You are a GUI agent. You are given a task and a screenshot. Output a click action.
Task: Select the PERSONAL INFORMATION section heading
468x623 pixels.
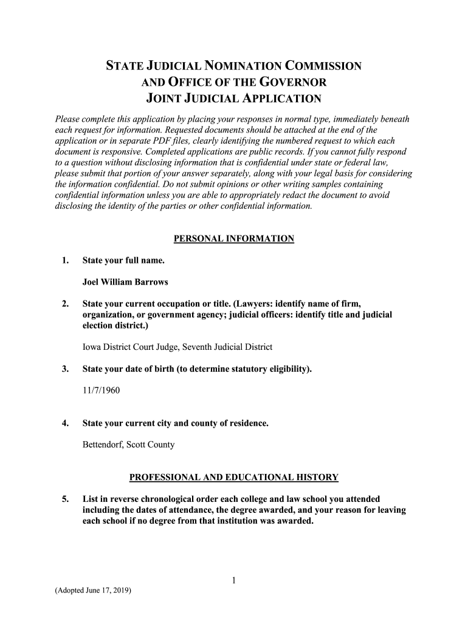pyautogui.click(x=234, y=239)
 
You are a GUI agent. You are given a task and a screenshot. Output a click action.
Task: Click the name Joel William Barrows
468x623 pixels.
pyautogui.click(x=125, y=282)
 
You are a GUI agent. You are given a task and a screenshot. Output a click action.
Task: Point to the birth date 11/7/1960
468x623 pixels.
pyautogui.click(x=101, y=390)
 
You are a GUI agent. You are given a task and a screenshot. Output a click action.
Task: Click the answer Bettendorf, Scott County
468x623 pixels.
pyautogui.click(x=128, y=444)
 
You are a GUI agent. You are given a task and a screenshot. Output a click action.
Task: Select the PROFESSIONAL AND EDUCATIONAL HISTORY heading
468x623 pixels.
pyautogui.click(x=234, y=477)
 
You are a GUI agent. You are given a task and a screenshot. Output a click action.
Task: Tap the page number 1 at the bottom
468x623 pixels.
pyautogui.click(x=233, y=581)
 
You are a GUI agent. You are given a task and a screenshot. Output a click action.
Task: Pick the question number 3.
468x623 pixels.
pyautogui.click(x=64, y=369)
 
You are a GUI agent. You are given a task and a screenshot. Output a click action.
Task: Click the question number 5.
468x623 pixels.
pyautogui.click(x=64, y=499)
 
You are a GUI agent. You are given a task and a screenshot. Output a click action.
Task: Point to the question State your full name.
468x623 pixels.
pyautogui.click(x=123, y=260)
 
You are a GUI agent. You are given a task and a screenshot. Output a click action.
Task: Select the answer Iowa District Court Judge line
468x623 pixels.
pyautogui.click(x=177, y=347)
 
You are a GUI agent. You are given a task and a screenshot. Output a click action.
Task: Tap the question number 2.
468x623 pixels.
pyautogui.click(x=64, y=304)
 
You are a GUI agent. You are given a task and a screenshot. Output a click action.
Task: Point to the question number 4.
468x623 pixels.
pyautogui.click(x=64, y=423)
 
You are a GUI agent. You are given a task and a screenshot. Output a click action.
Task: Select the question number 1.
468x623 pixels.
pyautogui.click(x=64, y=260)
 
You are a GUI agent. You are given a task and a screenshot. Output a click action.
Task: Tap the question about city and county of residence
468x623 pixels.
pyautogui.click(x=175, y=423)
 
